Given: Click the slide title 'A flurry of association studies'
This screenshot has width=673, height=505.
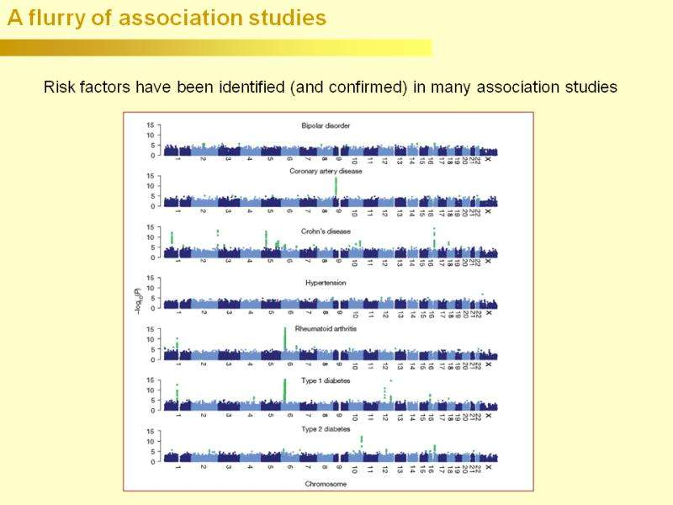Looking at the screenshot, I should click(167, 18).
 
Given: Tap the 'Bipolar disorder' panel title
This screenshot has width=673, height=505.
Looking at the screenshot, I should click(326, 126).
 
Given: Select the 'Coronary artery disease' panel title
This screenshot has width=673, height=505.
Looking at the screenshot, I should click(326, 171).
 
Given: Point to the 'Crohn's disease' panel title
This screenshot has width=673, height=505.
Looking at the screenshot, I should click(326, 231).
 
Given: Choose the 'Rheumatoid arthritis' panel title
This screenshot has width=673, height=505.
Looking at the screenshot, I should click(326, 329).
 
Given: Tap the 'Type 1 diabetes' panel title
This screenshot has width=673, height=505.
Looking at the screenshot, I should click(326, 380).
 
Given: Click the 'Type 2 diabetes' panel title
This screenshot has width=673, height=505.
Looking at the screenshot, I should click(326, 431).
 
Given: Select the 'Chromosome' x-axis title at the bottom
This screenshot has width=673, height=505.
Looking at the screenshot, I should click(326, 484).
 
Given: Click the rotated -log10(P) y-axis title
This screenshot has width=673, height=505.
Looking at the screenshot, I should click(137, 304).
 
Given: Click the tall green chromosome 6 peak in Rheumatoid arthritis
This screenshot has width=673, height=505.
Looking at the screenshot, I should click(286, 338).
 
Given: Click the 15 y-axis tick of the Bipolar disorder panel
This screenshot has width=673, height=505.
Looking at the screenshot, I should click(151, 125).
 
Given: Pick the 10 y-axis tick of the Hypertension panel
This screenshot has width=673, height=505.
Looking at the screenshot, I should click(151, 289).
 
